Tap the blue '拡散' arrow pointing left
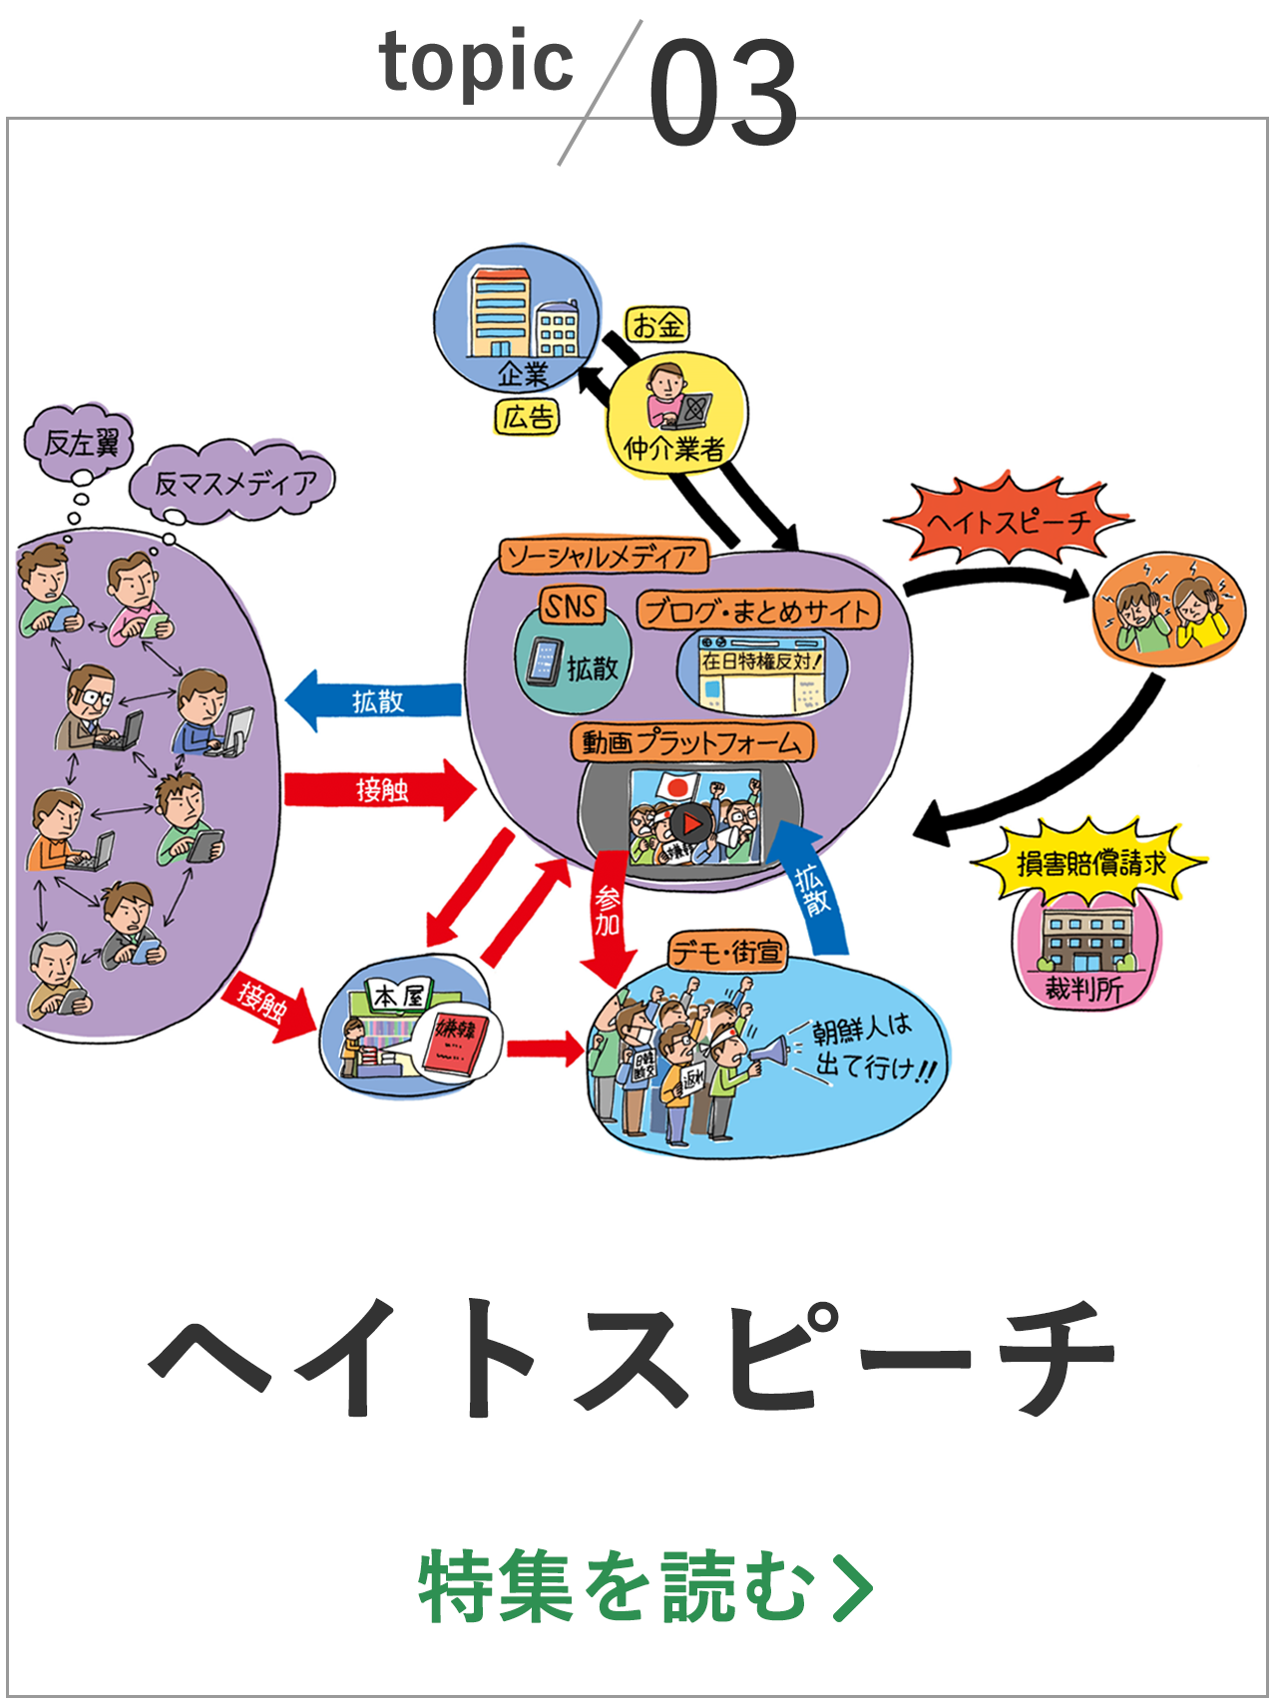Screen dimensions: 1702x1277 pyautogui.click(x=373, y=701)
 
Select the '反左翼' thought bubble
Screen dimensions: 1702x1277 pyautogui.click(x=80, y=442)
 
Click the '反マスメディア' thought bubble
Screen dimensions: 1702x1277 pyautogui.click(x=233, y=484)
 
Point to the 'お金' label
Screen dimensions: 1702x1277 pyautogui.click(x=657, y=324)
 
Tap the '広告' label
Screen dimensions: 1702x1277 pyautogui.click(x=528, y=417)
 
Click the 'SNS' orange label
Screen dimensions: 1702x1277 pyautogui.click(x=571, y=606)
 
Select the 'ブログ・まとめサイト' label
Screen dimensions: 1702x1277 pyautogui.click(x=758, y=611)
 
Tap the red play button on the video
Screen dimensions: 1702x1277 pyautogui.click(x=689, y=824)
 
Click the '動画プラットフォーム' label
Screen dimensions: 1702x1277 pyautogui.click(x=692, y=742)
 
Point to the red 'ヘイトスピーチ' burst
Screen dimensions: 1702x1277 pyautogui.click(x=1008, y=521)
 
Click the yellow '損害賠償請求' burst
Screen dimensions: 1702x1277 pyautogui.click(x=1089, y=862)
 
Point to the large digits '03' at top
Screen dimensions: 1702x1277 pyautogui.click(x=723, y=92)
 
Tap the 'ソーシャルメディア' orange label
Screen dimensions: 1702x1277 pyautogui.click(x=604, y=556)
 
